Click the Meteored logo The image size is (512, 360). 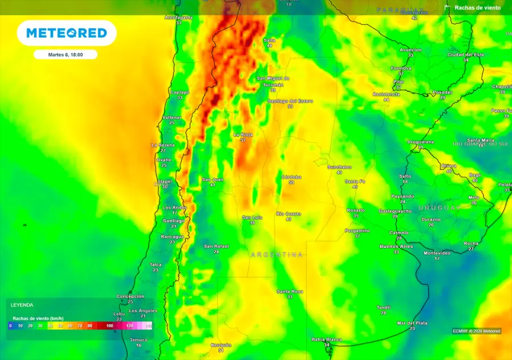67,33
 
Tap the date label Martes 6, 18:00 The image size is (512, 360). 65,55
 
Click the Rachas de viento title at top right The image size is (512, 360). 477,8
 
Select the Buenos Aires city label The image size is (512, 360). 396,246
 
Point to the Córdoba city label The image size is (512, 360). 291,177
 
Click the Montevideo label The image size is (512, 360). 437,253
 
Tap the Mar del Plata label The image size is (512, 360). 412,323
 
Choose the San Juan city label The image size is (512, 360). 212,180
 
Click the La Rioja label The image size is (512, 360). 243,135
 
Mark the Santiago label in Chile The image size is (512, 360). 174,220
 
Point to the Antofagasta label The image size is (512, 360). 179,18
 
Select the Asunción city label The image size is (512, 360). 410,50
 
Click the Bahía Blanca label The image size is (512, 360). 327,340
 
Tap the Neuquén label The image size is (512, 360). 221,345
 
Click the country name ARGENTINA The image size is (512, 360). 276,255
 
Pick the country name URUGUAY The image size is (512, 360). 439,208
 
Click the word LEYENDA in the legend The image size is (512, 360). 23,305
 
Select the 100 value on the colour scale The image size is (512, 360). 110,326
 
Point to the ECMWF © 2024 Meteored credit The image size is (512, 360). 476,331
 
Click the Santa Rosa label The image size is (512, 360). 290,291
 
